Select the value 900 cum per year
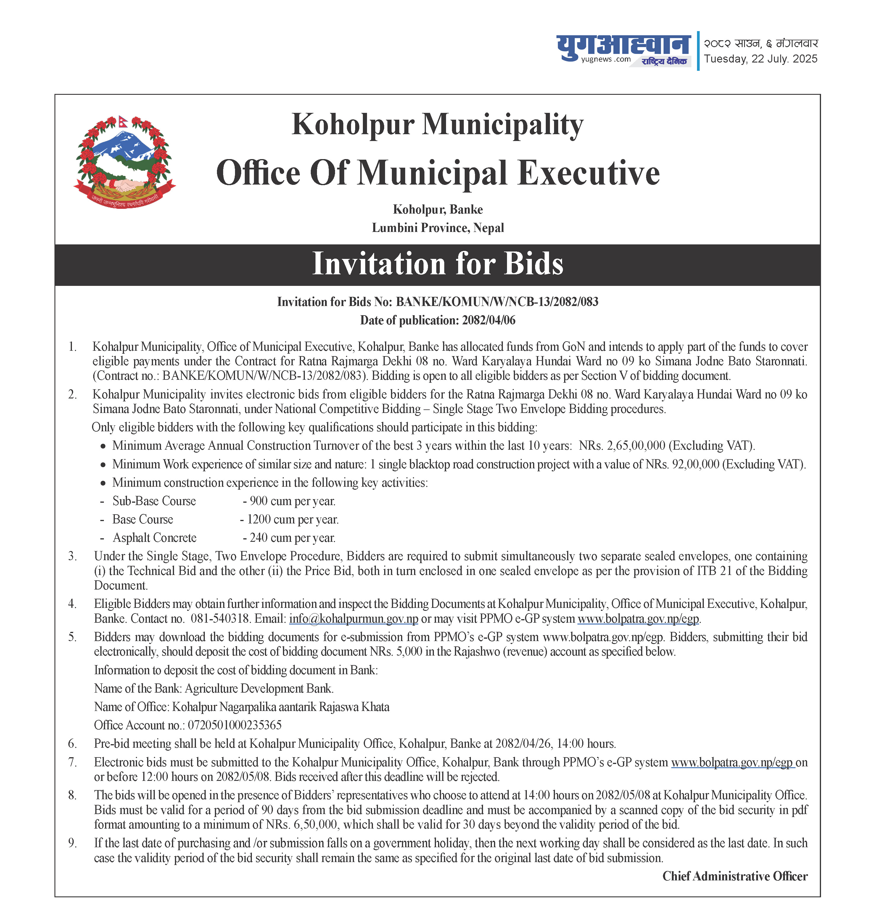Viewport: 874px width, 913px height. click(x=292, y=501)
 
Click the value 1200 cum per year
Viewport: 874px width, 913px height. click(x=292, y=519)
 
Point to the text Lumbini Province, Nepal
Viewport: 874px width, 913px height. click(x=437, y=228)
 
